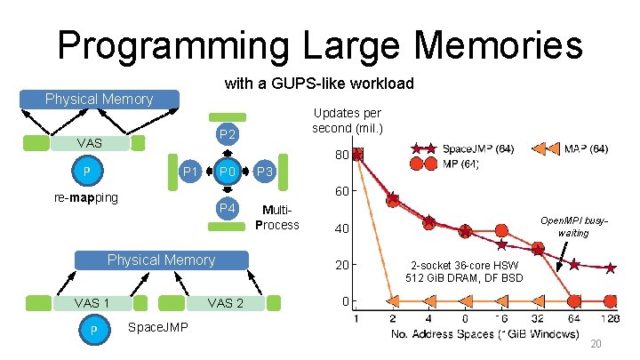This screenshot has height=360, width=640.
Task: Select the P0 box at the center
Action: tap(228, 172)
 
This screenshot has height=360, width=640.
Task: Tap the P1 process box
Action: tap(189, 172)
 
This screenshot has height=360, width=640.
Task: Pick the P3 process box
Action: tap(266, 172)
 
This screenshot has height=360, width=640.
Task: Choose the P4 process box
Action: tap(228, 208)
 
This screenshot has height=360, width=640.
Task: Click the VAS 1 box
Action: tap(92, 303)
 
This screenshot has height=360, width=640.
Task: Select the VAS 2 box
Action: tap(225, 303)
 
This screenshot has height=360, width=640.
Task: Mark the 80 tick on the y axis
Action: tap(340, 156)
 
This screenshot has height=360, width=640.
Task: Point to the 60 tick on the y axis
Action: tap(340, 192)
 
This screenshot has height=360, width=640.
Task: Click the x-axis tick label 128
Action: tap(610, 319)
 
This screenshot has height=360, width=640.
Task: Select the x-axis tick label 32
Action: tap(538, 319)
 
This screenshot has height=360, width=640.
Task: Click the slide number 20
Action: tap(597, 344)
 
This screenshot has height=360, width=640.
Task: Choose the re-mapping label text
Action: tap(84, 196)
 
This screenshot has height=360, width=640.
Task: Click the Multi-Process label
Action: tap(276, 218)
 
